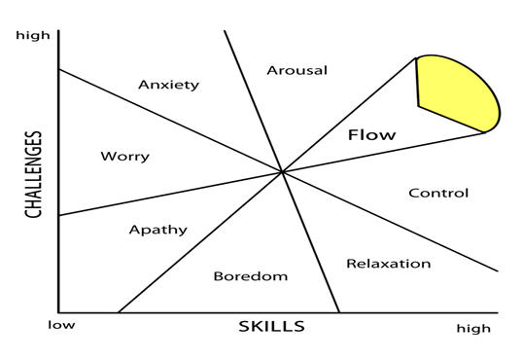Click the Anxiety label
[x=168, y=85]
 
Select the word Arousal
[x=296, y=70]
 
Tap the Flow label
[x=371, y=135]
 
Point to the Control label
[x=437, y=193]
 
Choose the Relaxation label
[x=388, y=264]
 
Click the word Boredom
[x=250, y=276]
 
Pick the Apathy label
[x=157, y=231]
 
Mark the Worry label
[x=124, y=157]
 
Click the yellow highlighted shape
[x=457, y=95]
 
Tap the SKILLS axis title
[x=271, y=327]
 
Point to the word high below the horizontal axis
[x=473, y=329]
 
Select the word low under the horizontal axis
[x=60, y=326]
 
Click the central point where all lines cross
[x=281, y=172]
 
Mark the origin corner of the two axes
[x=58, y=312]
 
